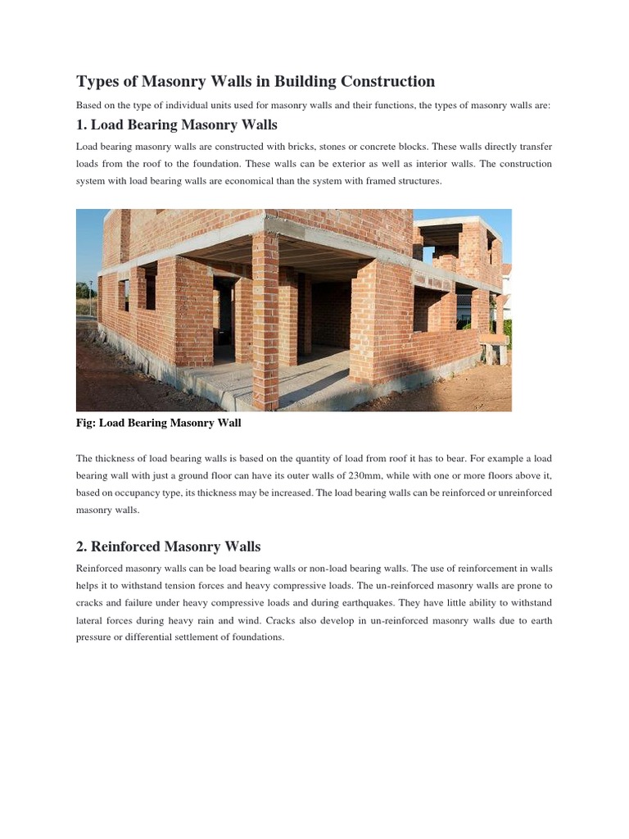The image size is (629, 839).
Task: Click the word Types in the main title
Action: (x=97, y=82)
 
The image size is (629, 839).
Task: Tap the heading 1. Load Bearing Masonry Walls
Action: (x=177, y=125)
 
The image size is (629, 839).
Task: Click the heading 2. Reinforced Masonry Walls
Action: (x=168, y=546)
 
